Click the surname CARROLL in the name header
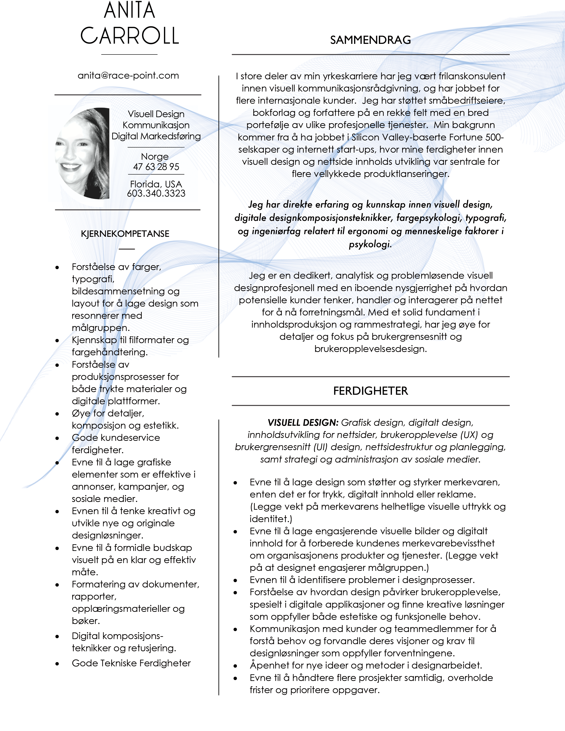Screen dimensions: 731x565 pyautogui.click(x=130, y=36)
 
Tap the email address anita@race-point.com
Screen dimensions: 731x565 pyautogui.click(x=128, y=76)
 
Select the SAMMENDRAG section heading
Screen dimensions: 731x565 pyautogui.click(x=370, y=40)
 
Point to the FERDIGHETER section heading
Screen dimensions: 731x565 pyautogui.click(x=370, y=391)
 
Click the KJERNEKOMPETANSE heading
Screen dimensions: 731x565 pyautogui.click(x=125, y=234)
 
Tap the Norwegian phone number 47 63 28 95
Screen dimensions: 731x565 pyautogui.click(x=156, y=167)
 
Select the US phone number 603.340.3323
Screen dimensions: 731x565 pyautogui.click(x=156, y=193)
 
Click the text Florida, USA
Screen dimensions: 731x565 pyautogui.click(x=156, y=184)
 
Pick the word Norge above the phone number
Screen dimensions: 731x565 pyautogui.click(x=155, y=157)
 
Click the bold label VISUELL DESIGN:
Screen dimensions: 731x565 pyautogui.click(x=303, y=423)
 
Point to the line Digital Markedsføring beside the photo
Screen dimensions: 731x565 pyautogui.click(x=156, y=136)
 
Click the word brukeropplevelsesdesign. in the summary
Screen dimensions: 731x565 pyautogui.click(x=370, y=349)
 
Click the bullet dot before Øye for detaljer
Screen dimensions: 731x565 pyautogui.click(x=57, y=414)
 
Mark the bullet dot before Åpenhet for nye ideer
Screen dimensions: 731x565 pyautogui.click(x=235, y=666)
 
